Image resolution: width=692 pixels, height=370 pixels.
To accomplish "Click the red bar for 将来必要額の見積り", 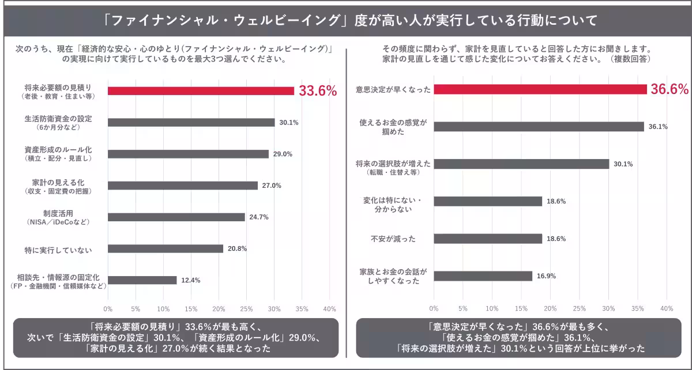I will [x=201, y=90].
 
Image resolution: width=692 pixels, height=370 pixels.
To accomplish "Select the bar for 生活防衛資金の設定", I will [x=191, y=122].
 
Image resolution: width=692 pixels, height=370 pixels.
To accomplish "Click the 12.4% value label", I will [x=191, y=281].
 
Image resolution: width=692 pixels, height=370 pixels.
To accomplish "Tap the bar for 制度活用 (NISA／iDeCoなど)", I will [x=176, y=217].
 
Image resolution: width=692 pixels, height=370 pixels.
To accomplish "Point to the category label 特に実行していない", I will [x=59, y=249].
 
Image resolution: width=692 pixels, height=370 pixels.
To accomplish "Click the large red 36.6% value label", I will [x=670, y=89].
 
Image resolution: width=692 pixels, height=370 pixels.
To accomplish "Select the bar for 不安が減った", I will [x=488, y=239].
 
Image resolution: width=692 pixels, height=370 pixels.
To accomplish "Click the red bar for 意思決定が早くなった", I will [x=540, y=89].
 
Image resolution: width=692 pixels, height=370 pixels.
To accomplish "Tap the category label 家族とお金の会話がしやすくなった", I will [x=394, y=276].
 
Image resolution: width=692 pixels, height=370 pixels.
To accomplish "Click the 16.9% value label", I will [x=546, y=276].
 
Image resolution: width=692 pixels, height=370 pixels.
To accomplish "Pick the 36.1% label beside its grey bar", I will [x=658, y=127].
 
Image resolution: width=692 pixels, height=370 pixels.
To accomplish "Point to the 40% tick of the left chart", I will [x=329, y=308].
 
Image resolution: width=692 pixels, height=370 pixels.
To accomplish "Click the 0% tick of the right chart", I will [x=434, y=308].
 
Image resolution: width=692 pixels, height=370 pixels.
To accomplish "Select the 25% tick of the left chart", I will [x=246, y=308].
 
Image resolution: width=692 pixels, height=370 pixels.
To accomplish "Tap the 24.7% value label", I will [x=259, y=217].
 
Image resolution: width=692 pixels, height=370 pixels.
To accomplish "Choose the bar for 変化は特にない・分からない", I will [x=488, y=201].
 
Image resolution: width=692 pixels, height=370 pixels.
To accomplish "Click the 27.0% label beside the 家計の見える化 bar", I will [x=272, y=186].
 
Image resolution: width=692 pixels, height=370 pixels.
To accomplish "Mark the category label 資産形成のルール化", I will [x=59, y=149].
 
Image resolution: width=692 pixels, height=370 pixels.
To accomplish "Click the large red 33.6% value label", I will [x=318, y=91].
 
